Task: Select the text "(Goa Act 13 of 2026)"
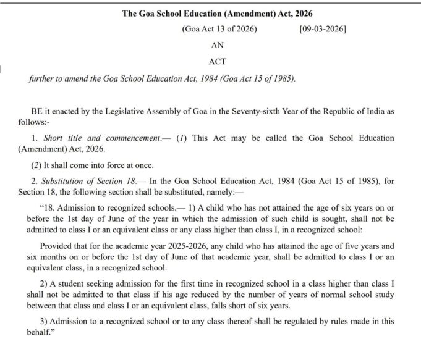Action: (x=219, y=29)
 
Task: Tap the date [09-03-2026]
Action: (x=322, y=29)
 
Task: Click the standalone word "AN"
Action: (x=218, y=45)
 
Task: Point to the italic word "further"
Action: (x=43, y=78)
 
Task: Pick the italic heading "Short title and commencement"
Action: (x=102, y=138)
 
